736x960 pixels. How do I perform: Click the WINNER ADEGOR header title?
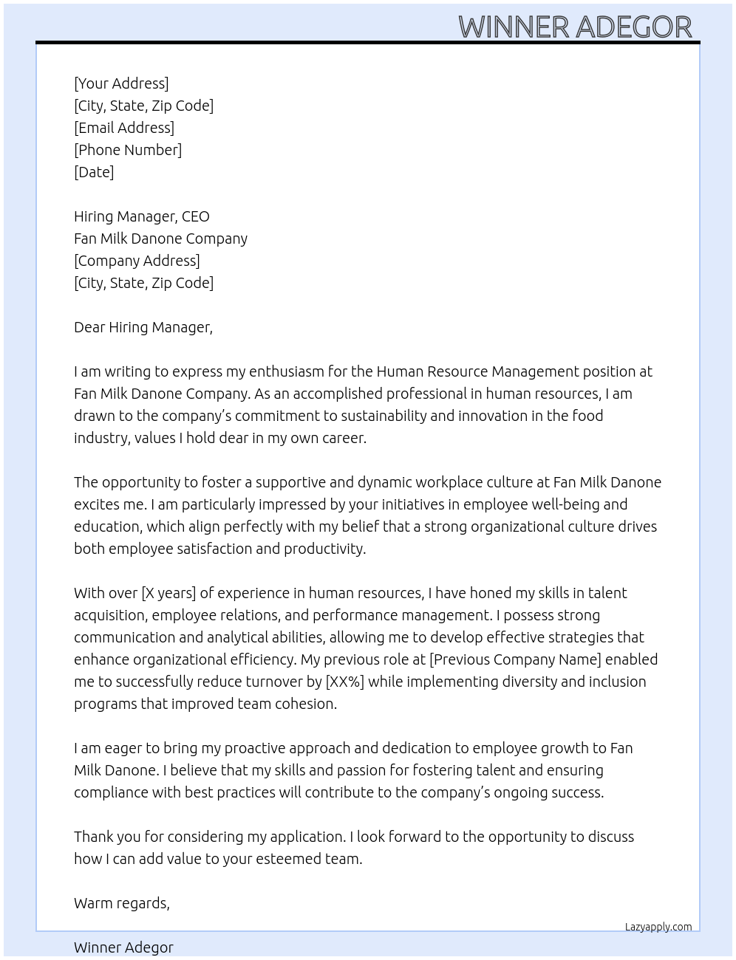point(575,27)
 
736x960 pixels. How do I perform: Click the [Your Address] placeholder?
point(121,83)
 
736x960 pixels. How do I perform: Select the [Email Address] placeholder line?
point(124,128)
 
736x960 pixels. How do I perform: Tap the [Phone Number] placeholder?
point(128,150)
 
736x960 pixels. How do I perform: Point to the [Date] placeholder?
point(94,172)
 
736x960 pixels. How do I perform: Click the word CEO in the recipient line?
point(196,216)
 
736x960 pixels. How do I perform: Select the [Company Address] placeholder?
point(137,261)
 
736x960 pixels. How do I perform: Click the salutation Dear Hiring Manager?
point(143,327)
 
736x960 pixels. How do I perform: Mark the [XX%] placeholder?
point(344,682)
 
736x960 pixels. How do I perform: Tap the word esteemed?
point(288,859)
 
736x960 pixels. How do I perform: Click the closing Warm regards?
point(122,903)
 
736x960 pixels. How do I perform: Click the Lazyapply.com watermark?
point(658,927)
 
